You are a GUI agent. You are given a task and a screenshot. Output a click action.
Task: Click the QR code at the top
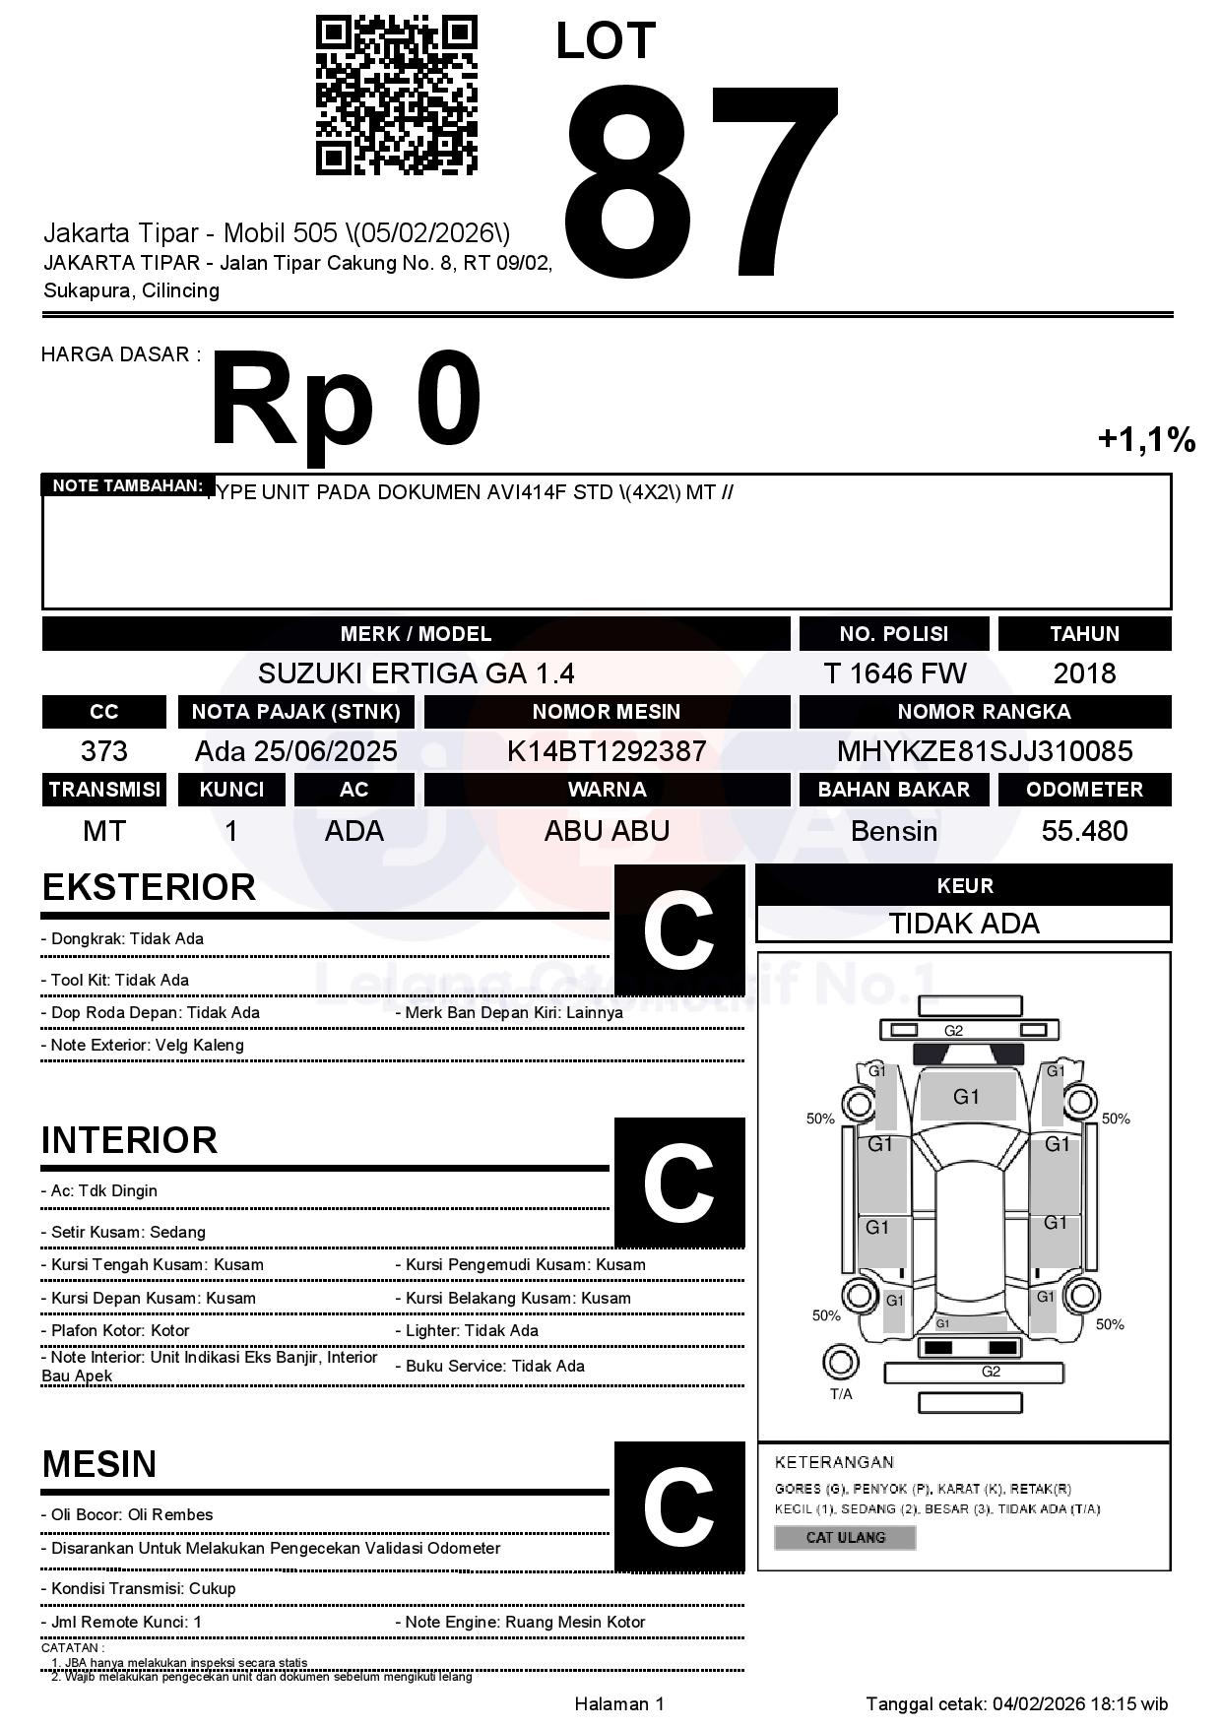pos(396,96)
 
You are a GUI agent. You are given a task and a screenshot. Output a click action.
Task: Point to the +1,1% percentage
pos(1146,439)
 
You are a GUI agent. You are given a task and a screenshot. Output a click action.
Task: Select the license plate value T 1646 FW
pos(894,673)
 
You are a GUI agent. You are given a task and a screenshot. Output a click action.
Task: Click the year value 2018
pos(1084,673)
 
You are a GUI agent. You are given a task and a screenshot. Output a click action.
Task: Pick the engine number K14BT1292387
pos(607,751)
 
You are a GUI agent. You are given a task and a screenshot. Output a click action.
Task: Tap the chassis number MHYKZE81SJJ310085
pos(984,751)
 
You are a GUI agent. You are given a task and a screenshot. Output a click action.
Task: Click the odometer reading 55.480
pos(1084,831)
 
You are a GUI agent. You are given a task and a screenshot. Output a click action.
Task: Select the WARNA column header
pos(607,790)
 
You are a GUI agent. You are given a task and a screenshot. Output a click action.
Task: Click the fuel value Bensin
pos(894,831)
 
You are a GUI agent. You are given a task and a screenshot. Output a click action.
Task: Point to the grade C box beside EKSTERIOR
pos(678,929)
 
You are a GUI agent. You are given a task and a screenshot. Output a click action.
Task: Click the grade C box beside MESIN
pos(678,1505)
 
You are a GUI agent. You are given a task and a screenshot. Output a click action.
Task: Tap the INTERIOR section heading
pos(129,1140)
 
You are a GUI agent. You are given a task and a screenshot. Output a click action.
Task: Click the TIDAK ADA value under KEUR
pos(964,924)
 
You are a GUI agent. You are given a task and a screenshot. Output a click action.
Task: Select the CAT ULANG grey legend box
pos(845,1537)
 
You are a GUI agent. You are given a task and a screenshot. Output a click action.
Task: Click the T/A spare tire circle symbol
pos(840,1363)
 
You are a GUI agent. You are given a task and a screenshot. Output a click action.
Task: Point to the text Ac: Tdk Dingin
pos(103,1190)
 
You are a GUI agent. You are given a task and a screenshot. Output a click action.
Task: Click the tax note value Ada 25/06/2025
pos(295,751)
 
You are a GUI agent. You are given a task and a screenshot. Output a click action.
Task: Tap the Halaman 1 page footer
pos(618,1703)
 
